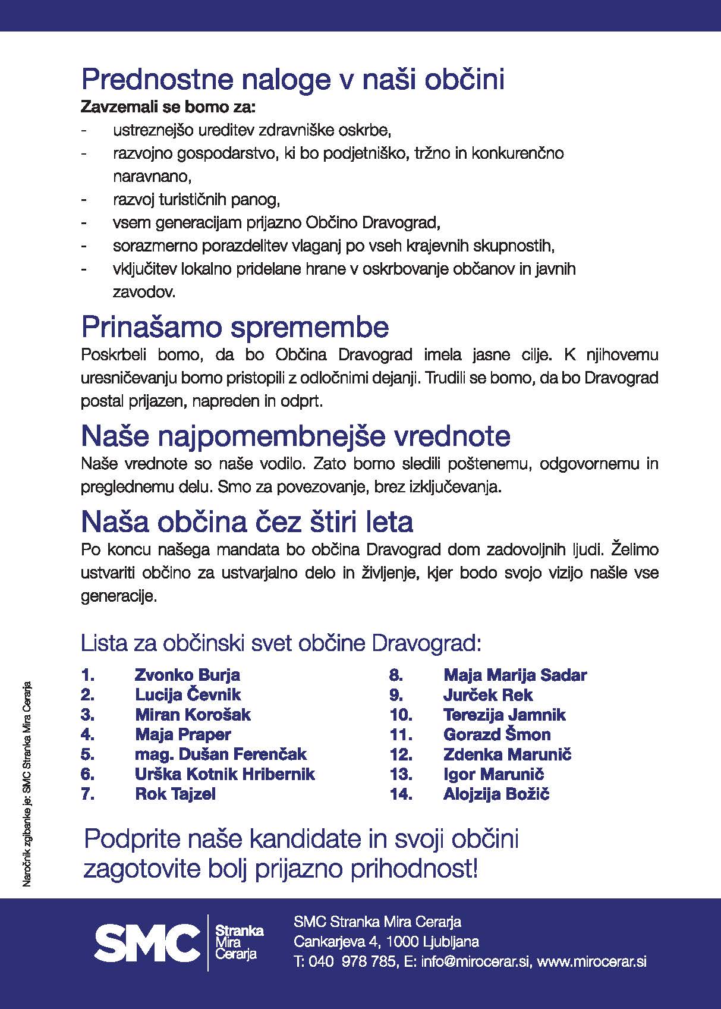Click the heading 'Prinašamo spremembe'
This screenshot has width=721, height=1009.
tap(235, 328)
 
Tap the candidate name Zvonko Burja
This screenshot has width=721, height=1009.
tap(187, 675)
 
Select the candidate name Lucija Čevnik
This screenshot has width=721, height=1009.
tap(188, 694)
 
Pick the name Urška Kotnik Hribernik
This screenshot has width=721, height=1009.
tap(225, 774)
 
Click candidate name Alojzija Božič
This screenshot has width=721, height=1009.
tap(496, 794)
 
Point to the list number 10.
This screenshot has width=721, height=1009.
tap(401, 715)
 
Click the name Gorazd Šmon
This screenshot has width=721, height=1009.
tap(497, 734)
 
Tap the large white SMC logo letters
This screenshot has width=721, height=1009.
tap(147, 943)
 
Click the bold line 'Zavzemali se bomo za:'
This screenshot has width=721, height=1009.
tap(168, 108)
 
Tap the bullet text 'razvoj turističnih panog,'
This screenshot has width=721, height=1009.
tap(196, 200)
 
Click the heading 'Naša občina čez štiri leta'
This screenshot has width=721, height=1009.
tap(247, 522)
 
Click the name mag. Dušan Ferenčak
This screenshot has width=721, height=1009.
tap(221, 754)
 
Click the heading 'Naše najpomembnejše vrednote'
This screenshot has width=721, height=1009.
tap(295, 436)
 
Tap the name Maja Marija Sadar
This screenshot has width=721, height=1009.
tap(515, 675)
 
